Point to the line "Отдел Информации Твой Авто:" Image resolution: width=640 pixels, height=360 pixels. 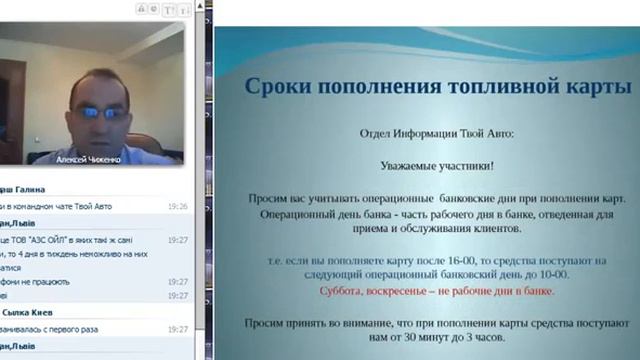pyautogui.click(x=437, y=133)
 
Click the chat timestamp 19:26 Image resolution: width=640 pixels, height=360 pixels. pyautogui.click(x=178, y=206)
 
